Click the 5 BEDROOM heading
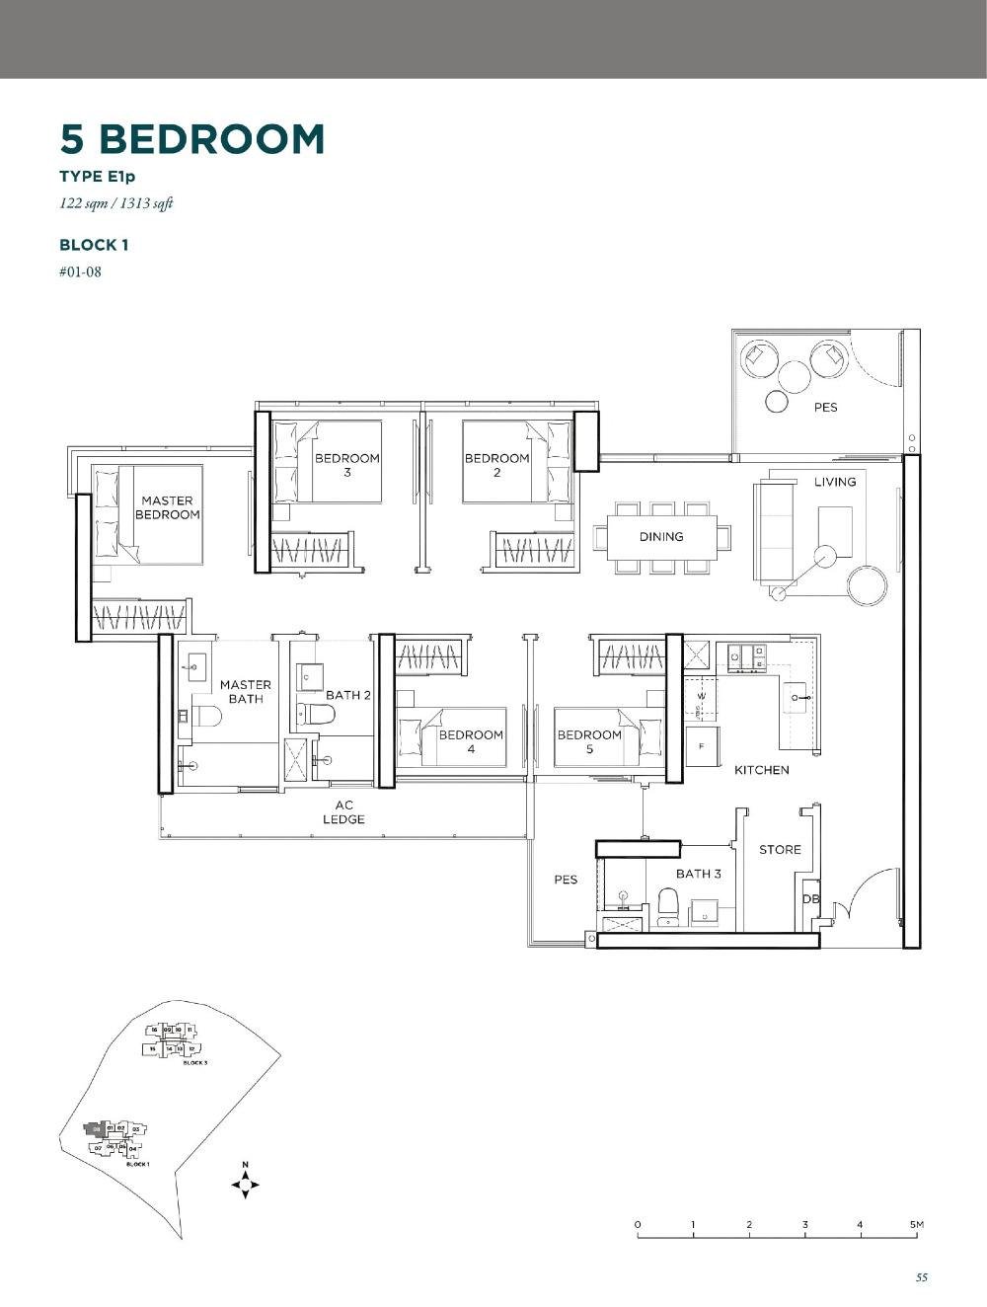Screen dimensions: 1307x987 pos(192,139)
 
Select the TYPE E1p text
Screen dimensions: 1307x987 pos(97,178)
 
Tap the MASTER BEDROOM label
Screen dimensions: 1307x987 pos(167,507)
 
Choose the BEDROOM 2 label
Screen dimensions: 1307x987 pos(496,465)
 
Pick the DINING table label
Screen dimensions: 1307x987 pos(660,537)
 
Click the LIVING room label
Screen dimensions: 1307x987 pos(835,482)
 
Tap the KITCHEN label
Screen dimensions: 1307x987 pos(761,770)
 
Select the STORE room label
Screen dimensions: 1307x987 pos(780,850)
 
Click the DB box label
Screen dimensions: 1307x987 pos(810,899)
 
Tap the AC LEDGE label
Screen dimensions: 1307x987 pos(343,812)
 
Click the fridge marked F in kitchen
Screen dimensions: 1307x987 pos(702,747)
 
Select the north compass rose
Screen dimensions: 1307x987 pos(245,1183)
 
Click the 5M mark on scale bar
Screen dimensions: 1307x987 pos(917,1226)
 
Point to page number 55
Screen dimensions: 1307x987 pos(921,1277)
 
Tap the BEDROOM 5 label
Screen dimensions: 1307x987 pos(589,741)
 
